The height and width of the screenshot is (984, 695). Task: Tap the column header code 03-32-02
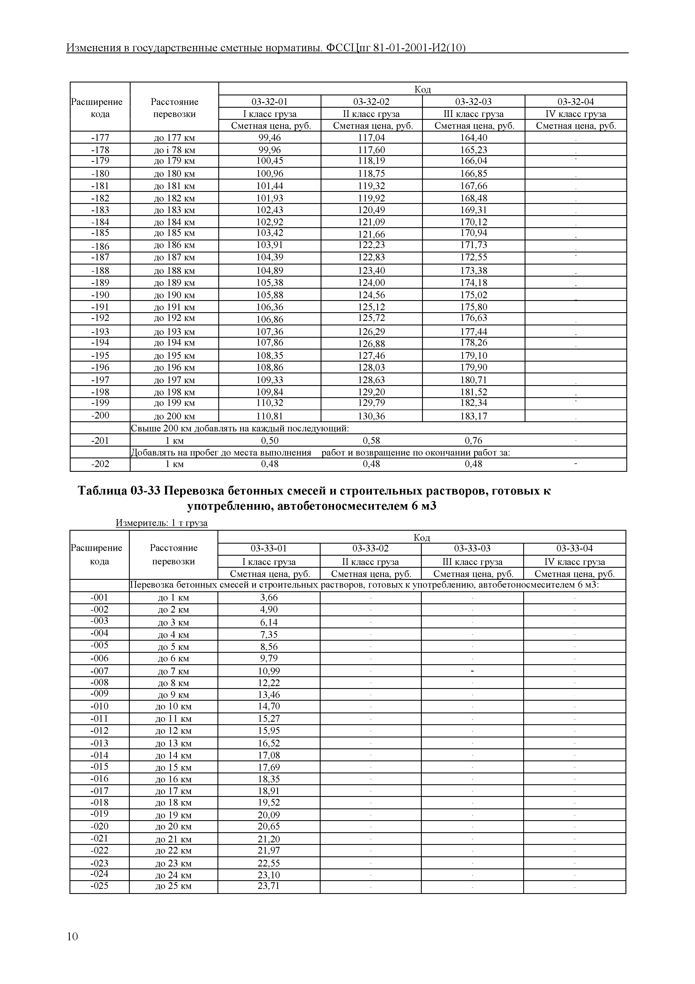point(371,102)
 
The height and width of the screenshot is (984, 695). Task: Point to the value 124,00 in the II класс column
point(371,283)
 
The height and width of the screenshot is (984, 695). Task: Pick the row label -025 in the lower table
point(99,886)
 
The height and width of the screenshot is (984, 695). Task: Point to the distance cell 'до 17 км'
point(173,791)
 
